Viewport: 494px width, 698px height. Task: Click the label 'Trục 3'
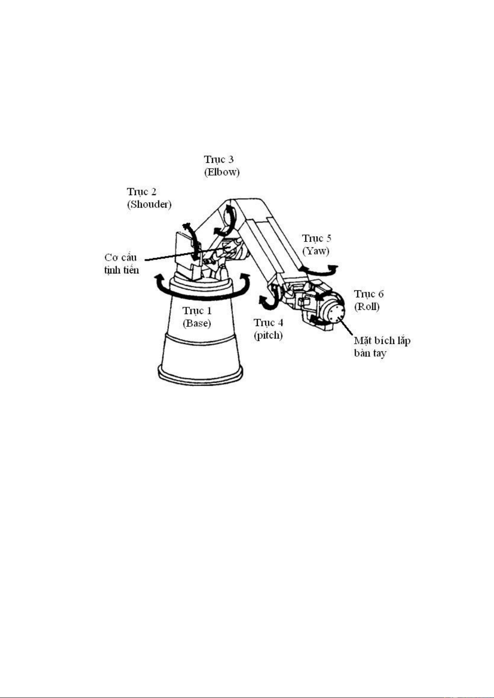click(x=219, y=159)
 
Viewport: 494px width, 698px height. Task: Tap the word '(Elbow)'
click(x=222, y=172)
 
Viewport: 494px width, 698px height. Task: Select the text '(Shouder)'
click(x=149, y=204)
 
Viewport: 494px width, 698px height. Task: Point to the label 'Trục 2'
click(x=141, y=191)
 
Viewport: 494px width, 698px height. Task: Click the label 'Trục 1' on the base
click(x=197, y=311)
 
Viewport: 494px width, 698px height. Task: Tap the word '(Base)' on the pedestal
click(x=197, y=324)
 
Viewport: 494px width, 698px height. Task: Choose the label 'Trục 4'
click(x=269, y=323)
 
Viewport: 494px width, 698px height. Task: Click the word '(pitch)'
click(x=269, y=336)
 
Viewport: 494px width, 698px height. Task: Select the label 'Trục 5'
click(x=317, y=238)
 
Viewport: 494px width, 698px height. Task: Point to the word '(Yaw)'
click(x=316, y=251)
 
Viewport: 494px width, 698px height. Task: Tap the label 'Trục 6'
click(x=369, y=294)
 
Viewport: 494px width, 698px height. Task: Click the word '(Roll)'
click(x=367, y=307)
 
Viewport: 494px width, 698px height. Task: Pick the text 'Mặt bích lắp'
click(x=382, y=341)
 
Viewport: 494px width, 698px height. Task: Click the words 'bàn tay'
click(x=370, y=353)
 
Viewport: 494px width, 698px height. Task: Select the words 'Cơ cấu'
click(x=121, y=257)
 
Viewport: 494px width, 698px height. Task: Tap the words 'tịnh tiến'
click(x=121, y=270)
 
